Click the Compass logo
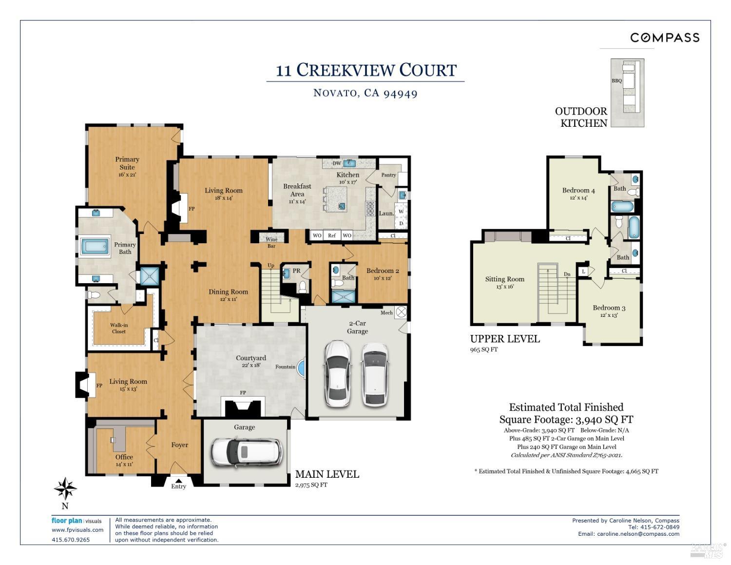(665, 38)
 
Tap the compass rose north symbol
(65, 488)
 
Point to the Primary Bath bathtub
(95, 246)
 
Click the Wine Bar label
(271, 242)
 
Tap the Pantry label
(388, 175)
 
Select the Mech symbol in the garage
(401, 312)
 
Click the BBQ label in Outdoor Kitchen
(617, 81)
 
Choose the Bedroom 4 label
(578, 191)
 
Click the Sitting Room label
(504, 279)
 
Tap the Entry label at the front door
(178, 486)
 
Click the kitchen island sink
(342, 206)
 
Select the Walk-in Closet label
(118, 328)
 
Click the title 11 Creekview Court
(366, 70)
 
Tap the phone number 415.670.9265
(71, 540)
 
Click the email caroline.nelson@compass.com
(638, 534)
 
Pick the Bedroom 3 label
(609, 308)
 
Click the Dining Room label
(228, 292)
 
